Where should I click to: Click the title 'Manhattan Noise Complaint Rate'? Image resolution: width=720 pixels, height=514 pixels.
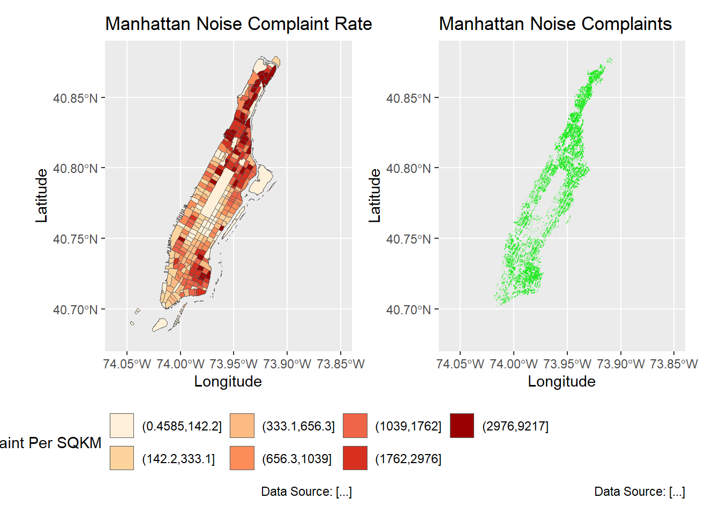pos(238,24)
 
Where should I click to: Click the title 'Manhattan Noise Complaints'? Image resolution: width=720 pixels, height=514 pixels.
pos(555,24)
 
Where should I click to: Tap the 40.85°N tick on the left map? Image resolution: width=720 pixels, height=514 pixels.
pos(76,99)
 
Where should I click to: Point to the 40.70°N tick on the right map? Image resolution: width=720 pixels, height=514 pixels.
pos(409,310)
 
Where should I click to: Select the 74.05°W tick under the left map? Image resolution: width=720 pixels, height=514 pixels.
pos(127,364)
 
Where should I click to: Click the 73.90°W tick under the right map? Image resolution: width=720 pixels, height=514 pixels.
pos(620,364)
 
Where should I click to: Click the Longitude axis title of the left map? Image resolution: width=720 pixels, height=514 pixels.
pos(228,381)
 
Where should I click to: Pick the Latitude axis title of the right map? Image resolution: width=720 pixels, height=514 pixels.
pos(374,195)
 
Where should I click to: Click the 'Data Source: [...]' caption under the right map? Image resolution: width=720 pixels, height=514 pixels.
pos(640,492)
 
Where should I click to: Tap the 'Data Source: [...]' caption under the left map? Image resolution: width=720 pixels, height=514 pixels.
pos(306,492)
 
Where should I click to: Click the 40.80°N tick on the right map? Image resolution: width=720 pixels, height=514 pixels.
pos(409,169)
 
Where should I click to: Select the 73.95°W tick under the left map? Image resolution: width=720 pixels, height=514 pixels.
pos(234,364)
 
